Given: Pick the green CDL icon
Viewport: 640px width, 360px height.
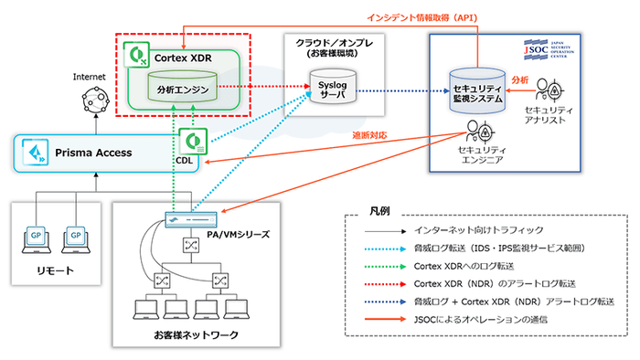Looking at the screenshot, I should pos(194,143).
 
